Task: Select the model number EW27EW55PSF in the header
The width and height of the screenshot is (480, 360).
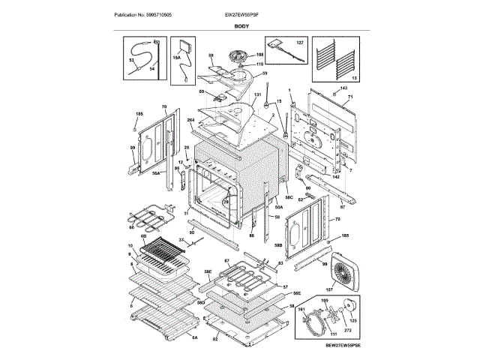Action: click(241, 14)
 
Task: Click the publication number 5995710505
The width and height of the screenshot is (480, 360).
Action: click(142, 14)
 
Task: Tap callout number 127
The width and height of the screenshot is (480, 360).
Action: click(299, 43)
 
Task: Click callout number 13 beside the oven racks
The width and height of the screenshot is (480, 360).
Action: click(355, 78)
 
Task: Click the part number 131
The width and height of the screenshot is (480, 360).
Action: click(257, 95)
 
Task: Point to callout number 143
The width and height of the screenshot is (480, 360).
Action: click(344, 89)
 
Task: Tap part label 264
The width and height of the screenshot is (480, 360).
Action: click(190, 121)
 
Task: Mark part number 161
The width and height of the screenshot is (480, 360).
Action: click(301, 310)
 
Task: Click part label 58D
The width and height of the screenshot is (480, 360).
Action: click(200, 301)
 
